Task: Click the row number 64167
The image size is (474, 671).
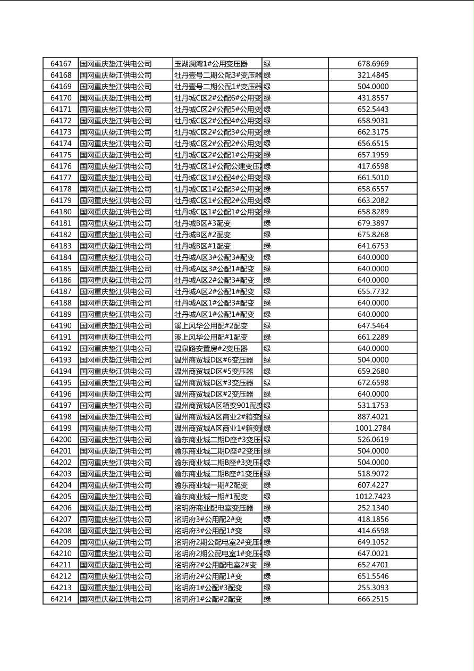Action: point(61,64)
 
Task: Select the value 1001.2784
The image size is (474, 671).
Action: point(373,428)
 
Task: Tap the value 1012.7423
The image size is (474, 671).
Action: point(373,497)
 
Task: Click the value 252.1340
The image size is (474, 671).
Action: point(373,508)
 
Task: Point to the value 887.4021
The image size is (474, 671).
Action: point(373,417)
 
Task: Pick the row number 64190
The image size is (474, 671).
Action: point(61,325)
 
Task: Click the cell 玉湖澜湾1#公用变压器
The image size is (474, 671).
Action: point(211,64)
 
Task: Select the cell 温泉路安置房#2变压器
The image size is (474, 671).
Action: point(211,348)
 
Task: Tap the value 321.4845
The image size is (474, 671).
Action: point(373,75)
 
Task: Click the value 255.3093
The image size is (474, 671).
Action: point(373,588)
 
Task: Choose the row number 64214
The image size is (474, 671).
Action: point(61,599)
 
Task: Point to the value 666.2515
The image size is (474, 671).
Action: point(373,599)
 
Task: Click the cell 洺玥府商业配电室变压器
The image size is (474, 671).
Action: point(214,508)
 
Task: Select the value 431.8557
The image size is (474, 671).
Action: point(373,98)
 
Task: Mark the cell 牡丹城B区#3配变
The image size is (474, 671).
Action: point(202,223)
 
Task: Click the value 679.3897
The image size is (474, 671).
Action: point(373,223)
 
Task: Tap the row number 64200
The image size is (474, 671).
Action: point(61,440)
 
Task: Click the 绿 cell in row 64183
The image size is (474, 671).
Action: point(267,246)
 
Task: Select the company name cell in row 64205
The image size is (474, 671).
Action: point(116,497)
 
